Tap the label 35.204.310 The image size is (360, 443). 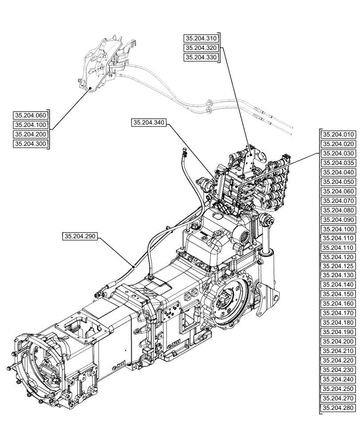pos(201,39)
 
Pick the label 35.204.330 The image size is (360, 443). pos(201,57)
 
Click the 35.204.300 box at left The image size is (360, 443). pos(31,144)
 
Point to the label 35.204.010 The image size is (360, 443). pos(339,134)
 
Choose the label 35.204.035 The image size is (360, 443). pos(339,163)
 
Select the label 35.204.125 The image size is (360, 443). pos(339,266)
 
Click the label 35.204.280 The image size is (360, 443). pos(339,408)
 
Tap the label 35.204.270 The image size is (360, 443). pos(339,398)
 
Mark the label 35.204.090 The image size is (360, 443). pos(339,219)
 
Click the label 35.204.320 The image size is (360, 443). pos(201,48)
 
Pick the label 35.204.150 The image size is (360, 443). pos(339,295)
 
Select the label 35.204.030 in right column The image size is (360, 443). pos(339,153)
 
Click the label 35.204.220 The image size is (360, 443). pos(339,361)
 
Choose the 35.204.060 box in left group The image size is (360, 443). pos(31,115)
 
